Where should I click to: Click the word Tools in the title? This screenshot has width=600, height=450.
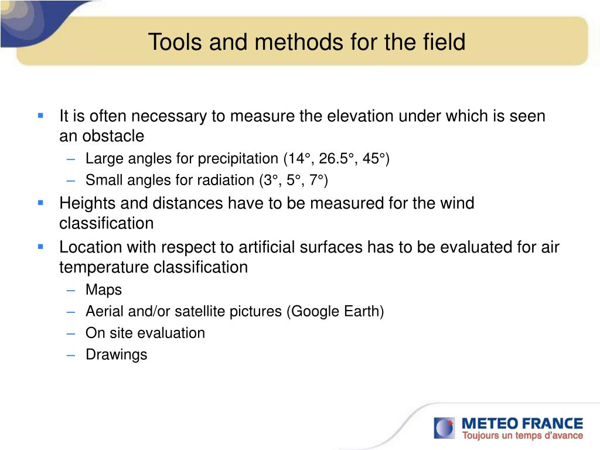click(x=175, y=42)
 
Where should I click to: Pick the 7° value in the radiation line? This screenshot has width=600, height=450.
click(x=316, y=180)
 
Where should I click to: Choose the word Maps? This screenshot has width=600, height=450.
click(x=104, y=290)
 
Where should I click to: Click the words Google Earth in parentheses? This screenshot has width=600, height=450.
click(x=335, y=311)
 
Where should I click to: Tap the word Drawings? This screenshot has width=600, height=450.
click(x=117, y=354)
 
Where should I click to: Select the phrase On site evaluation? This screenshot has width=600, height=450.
click(x=145, y=333)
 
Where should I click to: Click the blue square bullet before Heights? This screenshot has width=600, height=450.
click(x=40, y=203)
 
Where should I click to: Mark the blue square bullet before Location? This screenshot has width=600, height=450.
click(x=40, y=247)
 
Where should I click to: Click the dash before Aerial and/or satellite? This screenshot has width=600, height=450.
click(x=71, y=312)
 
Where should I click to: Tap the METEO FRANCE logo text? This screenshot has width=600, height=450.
click(x=522, y=424)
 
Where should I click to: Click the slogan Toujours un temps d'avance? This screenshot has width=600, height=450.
click(x=522, y=435)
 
